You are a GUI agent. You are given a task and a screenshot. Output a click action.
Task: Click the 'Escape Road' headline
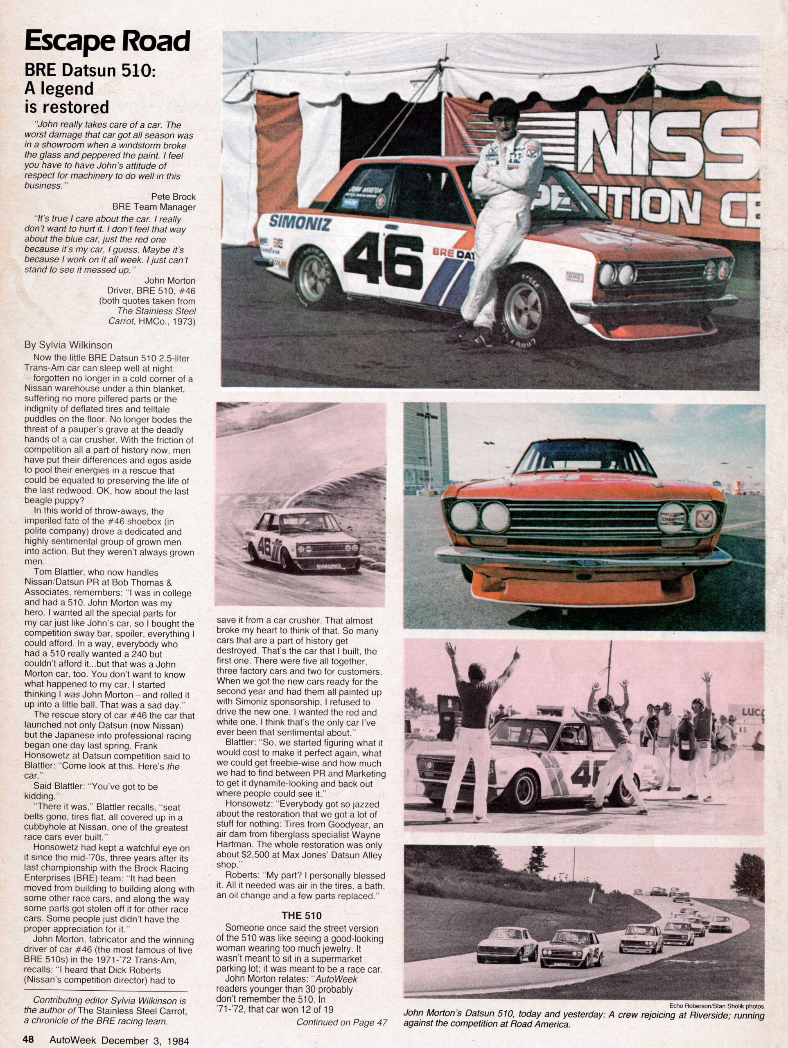click(107, 42)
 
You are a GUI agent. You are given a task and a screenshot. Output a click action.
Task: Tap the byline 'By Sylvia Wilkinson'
click(68, 345)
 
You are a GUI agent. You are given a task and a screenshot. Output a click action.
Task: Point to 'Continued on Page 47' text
click(342, 1021)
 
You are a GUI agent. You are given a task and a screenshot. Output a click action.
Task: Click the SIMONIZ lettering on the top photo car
click(300, 222)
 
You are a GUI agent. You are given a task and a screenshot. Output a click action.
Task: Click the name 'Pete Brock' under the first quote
click(173, 196)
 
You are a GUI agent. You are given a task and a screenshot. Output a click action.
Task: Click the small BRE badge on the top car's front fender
click(574, 277)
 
